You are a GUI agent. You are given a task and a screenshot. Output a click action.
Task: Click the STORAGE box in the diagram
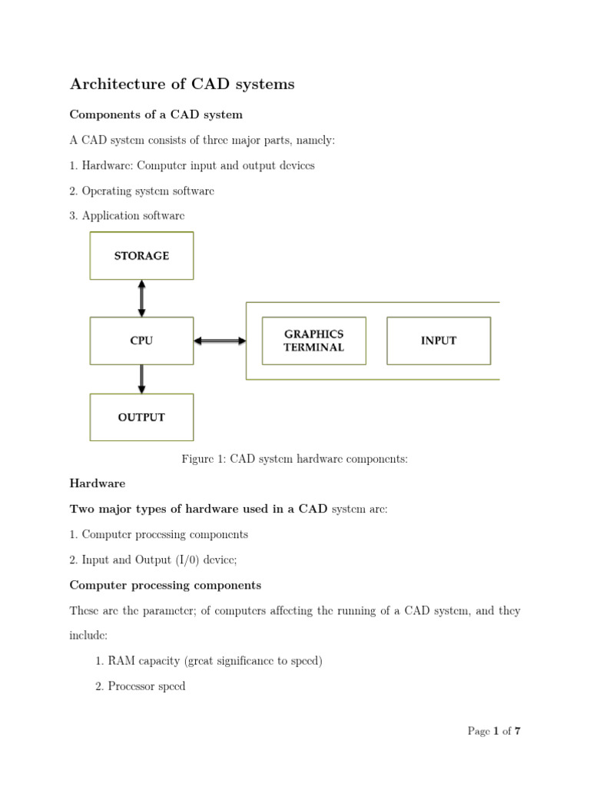141,256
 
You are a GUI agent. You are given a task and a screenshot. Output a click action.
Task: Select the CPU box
141,340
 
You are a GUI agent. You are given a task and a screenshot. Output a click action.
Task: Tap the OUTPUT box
141,417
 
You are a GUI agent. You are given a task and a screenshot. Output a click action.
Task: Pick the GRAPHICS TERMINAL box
313,340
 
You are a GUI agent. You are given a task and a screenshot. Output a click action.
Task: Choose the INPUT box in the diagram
438,340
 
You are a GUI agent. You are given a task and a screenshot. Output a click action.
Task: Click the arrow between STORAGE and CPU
141,298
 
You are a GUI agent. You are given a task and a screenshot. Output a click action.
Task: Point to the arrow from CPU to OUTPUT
141,379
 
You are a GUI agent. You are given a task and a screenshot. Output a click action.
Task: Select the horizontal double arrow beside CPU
219,340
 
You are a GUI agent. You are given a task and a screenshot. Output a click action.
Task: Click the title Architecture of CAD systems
182,85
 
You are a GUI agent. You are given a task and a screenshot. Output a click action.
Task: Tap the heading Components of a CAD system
156,115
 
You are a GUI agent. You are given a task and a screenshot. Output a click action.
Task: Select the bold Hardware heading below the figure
98,483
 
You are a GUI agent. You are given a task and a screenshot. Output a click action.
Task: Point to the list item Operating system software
142,191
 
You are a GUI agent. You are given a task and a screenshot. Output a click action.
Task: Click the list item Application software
127,216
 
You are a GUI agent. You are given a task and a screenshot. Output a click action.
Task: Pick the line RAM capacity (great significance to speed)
208,661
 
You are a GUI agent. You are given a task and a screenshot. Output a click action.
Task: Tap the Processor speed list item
140,686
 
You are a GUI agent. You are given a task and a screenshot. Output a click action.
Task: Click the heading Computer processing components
165,585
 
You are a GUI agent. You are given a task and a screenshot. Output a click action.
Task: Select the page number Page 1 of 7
494,731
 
